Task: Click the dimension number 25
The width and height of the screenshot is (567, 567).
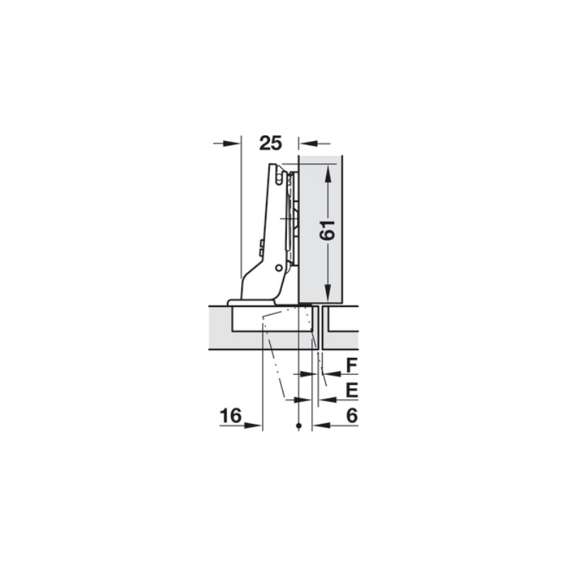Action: tap(271, 143)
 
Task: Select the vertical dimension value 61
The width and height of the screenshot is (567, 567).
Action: tap(327, 230)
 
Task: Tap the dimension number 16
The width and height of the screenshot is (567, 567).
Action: tap(231, 415)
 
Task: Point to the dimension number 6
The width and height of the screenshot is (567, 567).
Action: tap(352, 415)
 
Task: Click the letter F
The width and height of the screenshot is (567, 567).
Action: tap(352, 365)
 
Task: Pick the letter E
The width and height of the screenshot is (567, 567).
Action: tap(352, 391)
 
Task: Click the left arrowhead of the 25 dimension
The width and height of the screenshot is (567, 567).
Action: tap(232, 144)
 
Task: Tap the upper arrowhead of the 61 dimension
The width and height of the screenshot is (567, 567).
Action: tap(328, 173)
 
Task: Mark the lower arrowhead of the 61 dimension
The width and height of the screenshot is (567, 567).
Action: tap(328, 292)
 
